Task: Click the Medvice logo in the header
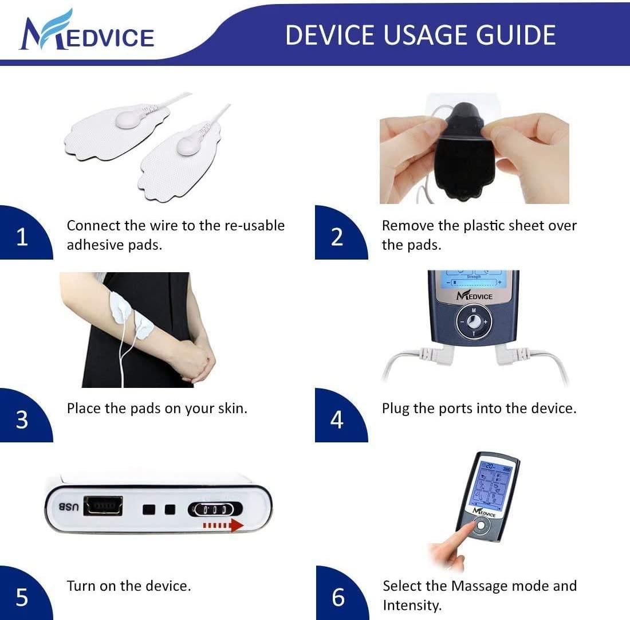[x=86, y=32]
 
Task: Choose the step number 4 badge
[x=337, y=419]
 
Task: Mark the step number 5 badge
[x=22, y=597]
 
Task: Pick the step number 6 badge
[x=338, y=597]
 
